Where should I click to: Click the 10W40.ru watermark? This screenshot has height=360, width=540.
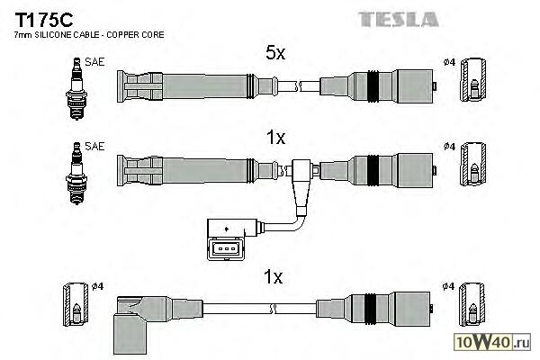(x=498, y=341)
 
